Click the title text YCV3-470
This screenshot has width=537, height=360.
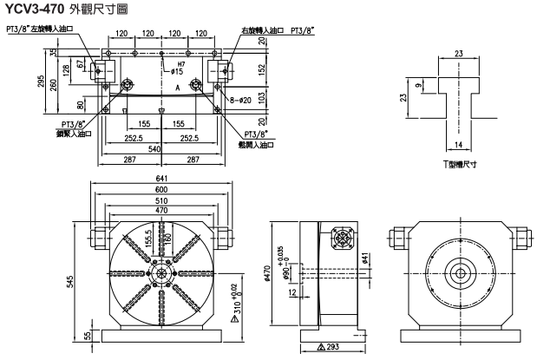(33, 9)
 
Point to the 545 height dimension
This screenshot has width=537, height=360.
(72, 283)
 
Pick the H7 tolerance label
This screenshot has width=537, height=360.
(181, 64)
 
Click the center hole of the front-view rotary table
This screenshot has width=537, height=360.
(160, 272)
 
